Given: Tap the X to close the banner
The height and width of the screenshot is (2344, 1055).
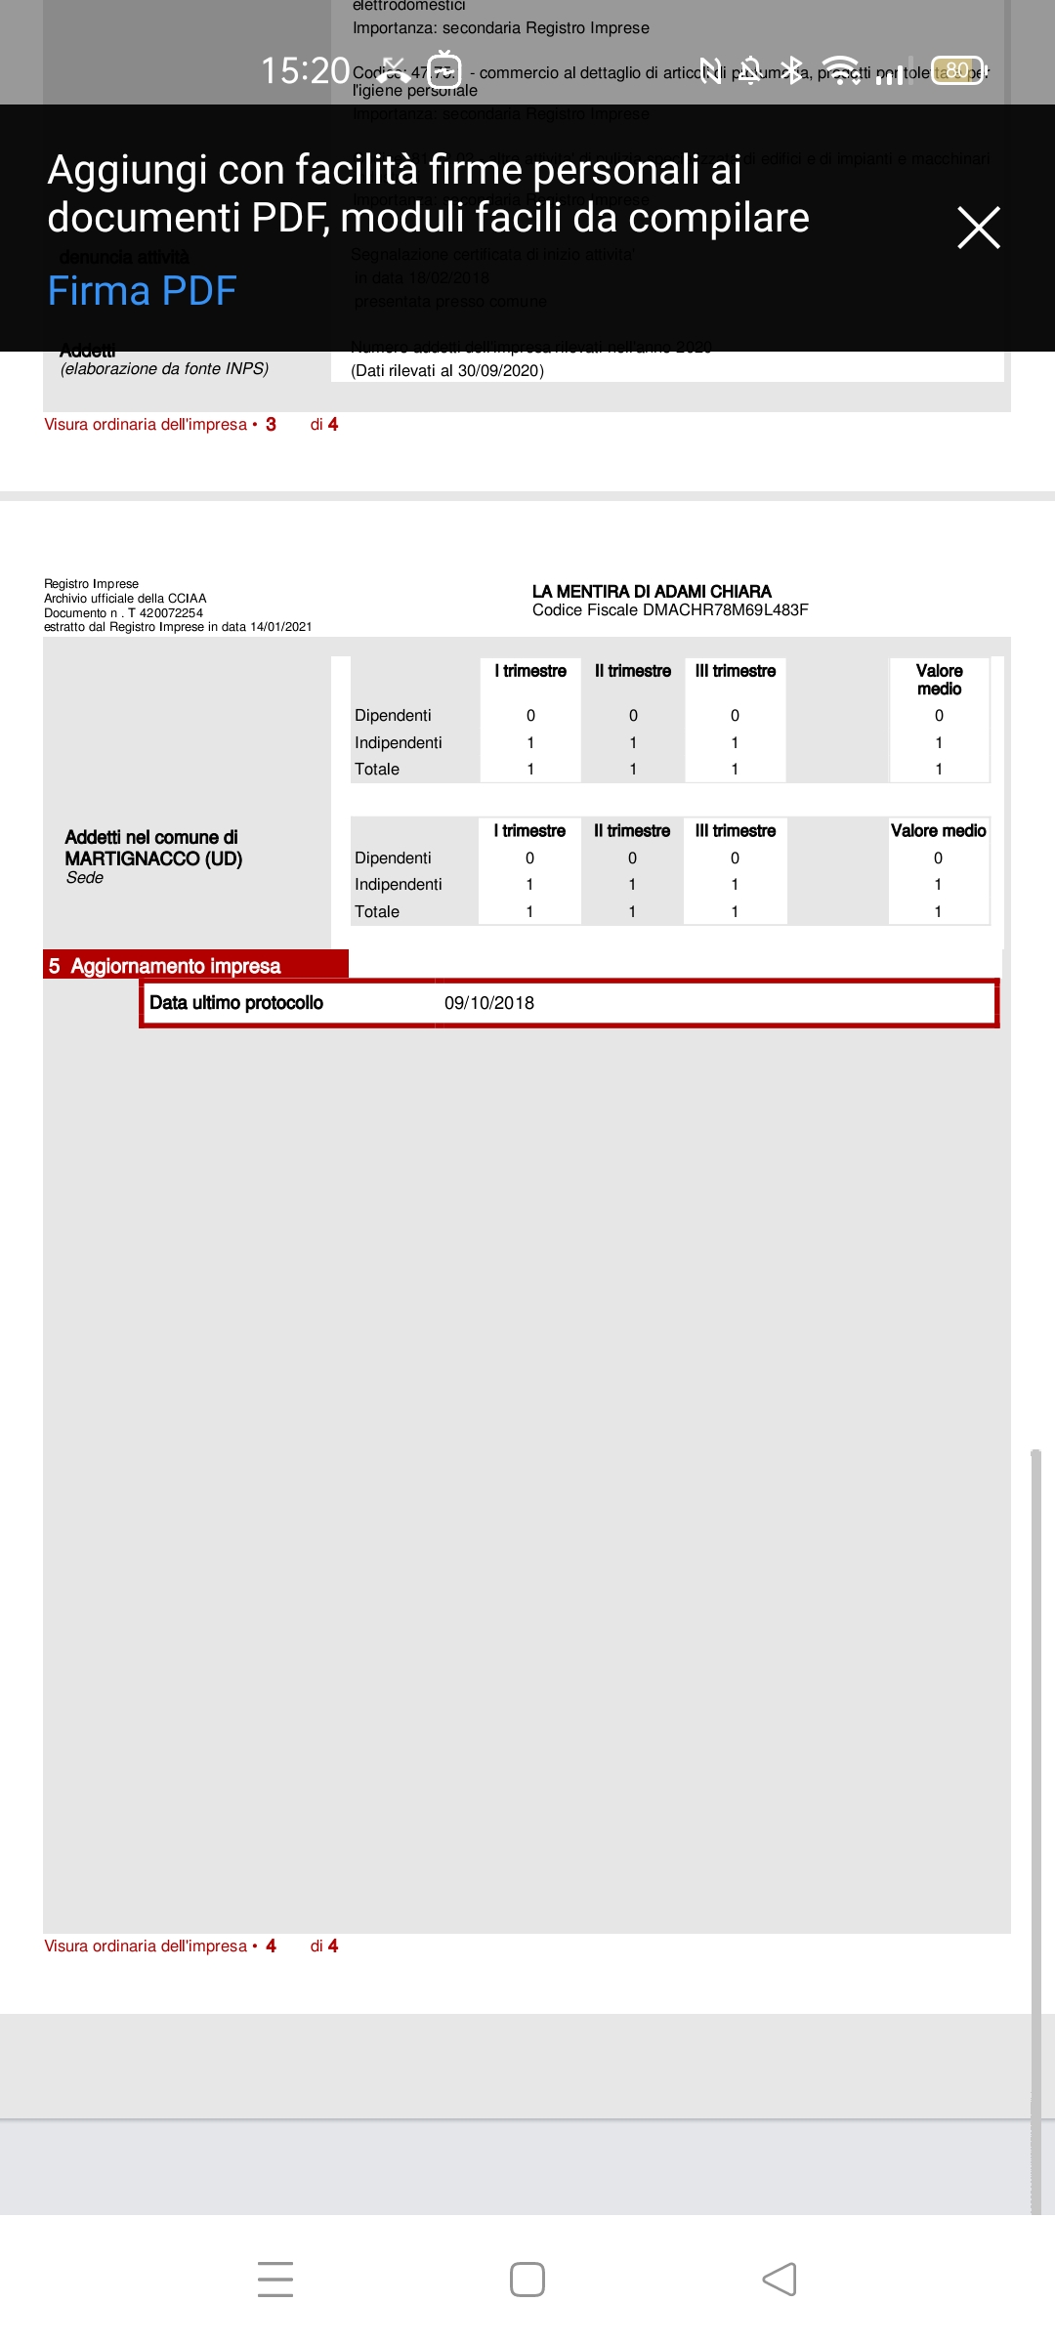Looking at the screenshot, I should click(x=978, y=228).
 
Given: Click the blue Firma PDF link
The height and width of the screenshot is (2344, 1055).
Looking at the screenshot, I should click(x=143, y=291).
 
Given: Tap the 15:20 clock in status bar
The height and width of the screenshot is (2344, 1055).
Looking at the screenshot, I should click(x=305, y=70).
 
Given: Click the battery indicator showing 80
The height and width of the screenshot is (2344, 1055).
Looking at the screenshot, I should click(x=957, y=70).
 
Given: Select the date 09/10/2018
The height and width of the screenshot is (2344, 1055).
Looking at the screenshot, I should click(x=489, y=1003).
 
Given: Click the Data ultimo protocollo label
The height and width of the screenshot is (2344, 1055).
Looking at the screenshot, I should click(x=235, y=1003).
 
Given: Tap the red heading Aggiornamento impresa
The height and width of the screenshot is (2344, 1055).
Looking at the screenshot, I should click(x=175, y=966).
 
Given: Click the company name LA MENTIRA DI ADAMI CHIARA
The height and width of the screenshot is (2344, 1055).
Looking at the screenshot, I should click(x=652, y=591).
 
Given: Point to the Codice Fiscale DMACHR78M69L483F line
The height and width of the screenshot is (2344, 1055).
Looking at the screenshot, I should click(x=670, y=610).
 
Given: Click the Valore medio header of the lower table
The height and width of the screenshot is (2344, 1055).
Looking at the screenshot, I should click(x=938, y=831).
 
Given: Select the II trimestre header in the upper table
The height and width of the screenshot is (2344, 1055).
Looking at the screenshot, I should click(x=633, y=671).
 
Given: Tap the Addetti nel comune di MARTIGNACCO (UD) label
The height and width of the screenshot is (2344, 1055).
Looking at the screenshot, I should click(x=153, y=848).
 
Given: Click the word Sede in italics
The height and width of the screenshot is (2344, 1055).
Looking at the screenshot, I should click(x=85, y=878).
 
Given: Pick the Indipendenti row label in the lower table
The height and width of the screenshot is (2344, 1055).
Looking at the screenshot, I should click(x=398, y=884).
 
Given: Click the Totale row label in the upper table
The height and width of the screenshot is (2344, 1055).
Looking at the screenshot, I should click(x=377, y=770).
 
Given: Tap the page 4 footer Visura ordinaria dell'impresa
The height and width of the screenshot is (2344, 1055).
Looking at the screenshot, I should click(x=147, y=1946).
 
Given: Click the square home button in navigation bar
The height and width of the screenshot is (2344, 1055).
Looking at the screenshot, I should click(x=527, y=2280).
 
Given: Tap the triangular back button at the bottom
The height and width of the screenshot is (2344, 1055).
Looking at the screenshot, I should click(x=780, y=2280).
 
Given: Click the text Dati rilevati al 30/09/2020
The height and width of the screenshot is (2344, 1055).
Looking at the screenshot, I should click(x=447, y=371).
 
